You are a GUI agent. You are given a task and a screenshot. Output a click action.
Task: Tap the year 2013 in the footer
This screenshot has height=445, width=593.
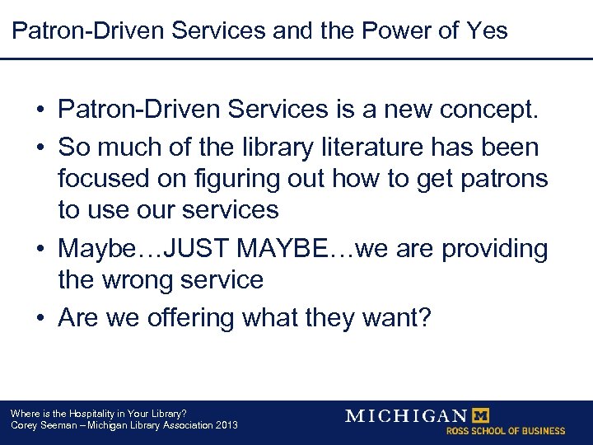coord(225,425)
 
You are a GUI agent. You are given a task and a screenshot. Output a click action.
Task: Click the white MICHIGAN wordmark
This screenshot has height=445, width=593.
coord(405,415)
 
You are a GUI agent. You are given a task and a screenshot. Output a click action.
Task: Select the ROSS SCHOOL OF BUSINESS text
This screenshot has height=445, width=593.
coord(506,431)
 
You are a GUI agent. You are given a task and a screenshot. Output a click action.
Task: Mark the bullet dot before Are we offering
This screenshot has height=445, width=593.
coord(40,318)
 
